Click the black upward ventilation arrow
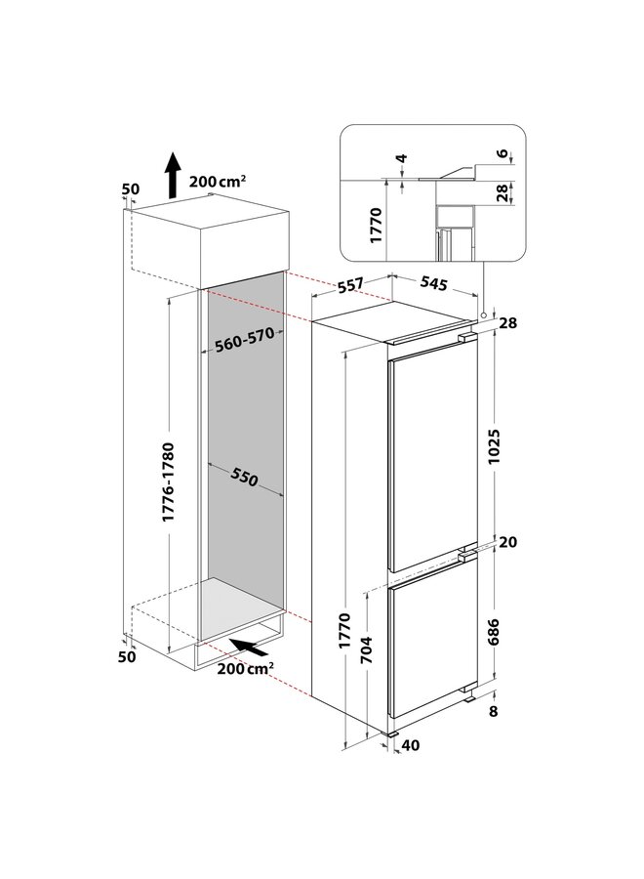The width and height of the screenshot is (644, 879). [x=172, y=176]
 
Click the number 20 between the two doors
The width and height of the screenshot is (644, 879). [x=506, y=542]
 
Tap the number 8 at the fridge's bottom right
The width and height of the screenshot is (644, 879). [x=494, y=711]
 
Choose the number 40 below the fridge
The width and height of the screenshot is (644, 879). [x=411, y=746]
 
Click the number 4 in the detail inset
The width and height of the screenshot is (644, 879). [x=401, y=159]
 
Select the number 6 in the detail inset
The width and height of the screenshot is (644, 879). [x=503, y=154]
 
